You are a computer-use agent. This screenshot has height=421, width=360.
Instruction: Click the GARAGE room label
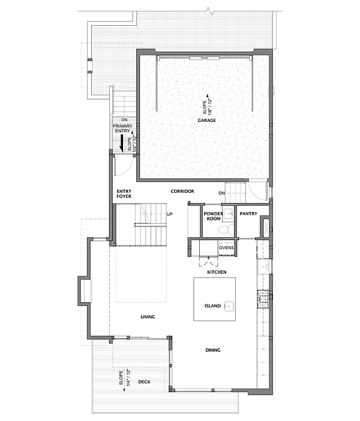coord(207,121)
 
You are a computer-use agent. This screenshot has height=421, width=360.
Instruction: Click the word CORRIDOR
coord(182,191)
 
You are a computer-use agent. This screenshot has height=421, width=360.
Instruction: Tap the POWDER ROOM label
coord(214,216)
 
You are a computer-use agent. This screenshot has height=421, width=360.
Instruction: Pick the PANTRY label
coord(248,214)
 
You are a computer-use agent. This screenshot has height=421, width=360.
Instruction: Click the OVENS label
coord(226,247)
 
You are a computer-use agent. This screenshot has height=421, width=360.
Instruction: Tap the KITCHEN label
coord(216,273)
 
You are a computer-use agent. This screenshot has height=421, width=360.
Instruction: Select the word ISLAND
coord(212,306)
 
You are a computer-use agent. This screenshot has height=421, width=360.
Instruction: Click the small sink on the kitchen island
coord(228,306)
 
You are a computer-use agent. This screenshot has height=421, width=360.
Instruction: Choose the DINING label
coord(212,350)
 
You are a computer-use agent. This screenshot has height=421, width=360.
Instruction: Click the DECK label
coord(144,381)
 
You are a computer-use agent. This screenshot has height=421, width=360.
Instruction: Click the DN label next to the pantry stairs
coord(221,193)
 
